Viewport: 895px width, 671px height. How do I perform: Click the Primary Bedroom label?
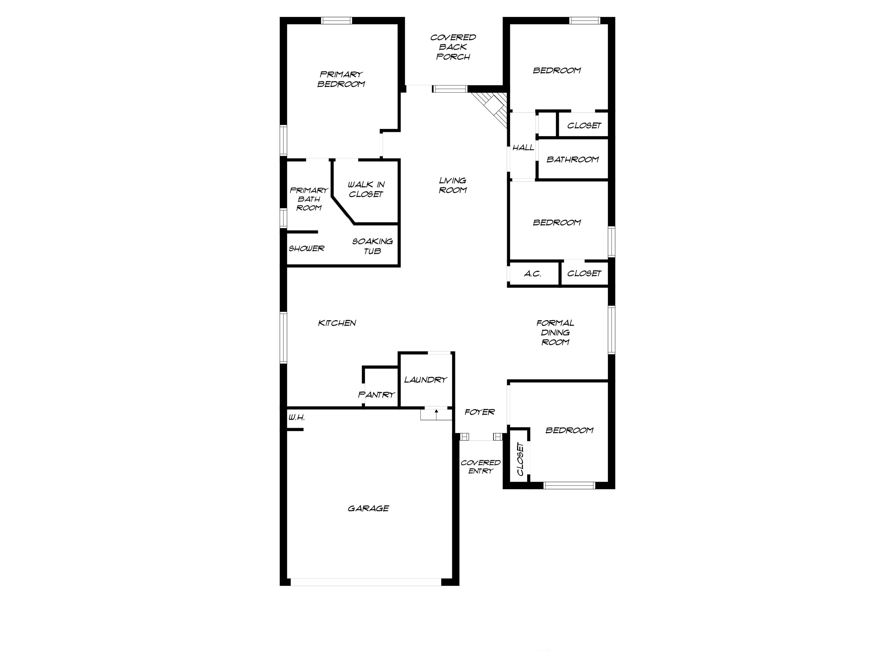(341, 79)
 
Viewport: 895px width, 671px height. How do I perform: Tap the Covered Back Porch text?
(453, 47)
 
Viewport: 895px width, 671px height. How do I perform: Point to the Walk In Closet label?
(366, 189)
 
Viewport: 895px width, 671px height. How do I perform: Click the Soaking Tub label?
(372, 246)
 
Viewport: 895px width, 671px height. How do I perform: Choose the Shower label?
(306, 248)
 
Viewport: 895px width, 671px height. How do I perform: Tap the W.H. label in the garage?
(296, 418)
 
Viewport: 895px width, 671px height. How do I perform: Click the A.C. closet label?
(533, 274)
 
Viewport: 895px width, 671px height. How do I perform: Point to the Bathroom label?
(572, 159)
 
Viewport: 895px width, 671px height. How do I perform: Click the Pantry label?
(376, 394)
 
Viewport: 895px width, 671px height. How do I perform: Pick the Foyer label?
(479, 412)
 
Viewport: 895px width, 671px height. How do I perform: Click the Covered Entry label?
(480, 466)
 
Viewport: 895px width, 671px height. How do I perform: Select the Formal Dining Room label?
(555, 333)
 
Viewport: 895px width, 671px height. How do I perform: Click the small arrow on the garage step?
(436, 412)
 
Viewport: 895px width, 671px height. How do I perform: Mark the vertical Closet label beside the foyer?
(520, 459)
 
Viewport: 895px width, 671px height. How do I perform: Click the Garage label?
(368, 508)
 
